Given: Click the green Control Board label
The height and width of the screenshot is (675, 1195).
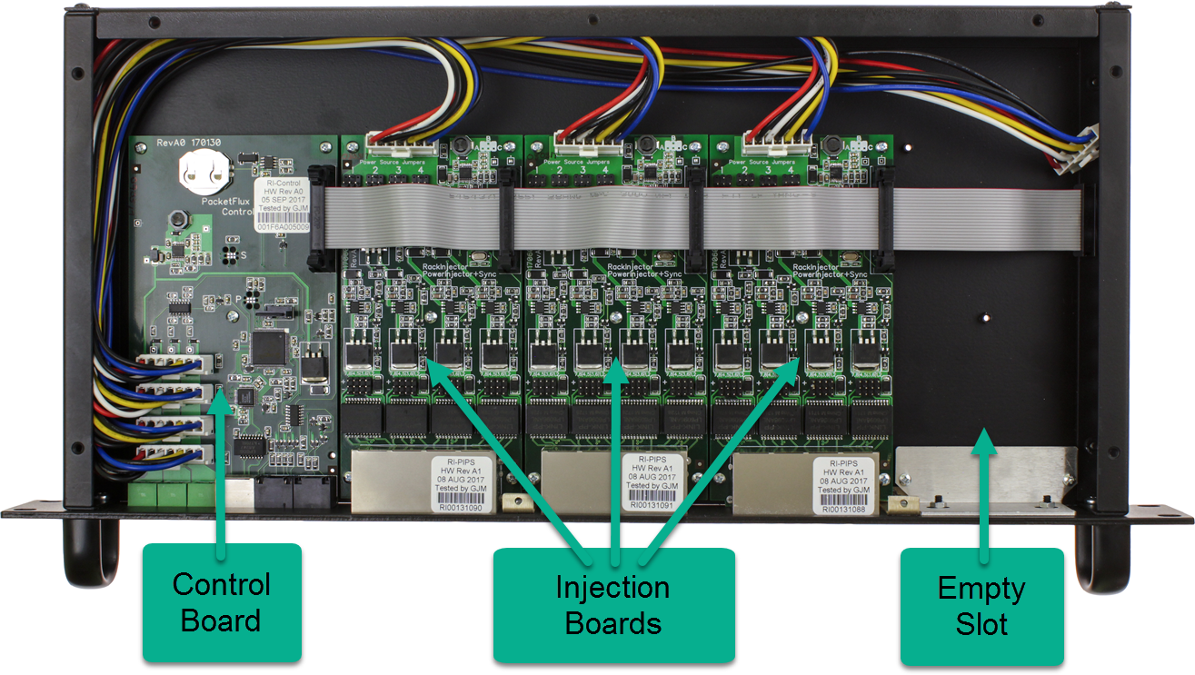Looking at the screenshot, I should [222, 602].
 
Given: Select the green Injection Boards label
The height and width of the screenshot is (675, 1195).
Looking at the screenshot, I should [612, 605].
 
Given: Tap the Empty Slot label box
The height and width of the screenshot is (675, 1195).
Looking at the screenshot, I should [981, 606].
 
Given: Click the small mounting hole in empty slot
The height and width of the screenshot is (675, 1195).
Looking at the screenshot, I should [984, 319].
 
